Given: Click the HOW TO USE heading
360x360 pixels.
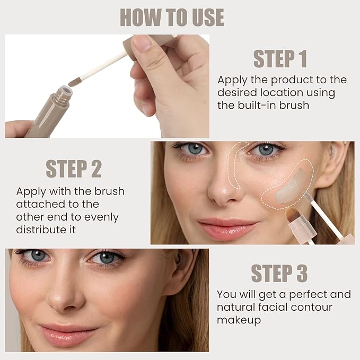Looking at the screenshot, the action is click(x=172, y=17).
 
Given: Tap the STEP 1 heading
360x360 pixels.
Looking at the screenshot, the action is click(x=280, y=59).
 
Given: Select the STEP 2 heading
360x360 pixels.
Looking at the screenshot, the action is click(x=74, y=169).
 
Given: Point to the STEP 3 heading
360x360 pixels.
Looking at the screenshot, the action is click(x=279, y=273).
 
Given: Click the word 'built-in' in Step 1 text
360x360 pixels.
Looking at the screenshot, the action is click(x=257, y=106).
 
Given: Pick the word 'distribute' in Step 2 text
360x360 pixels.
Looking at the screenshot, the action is click(x=40, y=230).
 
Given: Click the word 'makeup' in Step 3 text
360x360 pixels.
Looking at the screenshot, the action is click(x=239, y=321).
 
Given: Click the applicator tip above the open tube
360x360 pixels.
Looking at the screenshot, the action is click(x=75, y=82).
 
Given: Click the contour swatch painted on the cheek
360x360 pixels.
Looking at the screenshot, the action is click(x=289, y=187).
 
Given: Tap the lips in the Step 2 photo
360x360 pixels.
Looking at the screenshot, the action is click(x=228, y=229).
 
